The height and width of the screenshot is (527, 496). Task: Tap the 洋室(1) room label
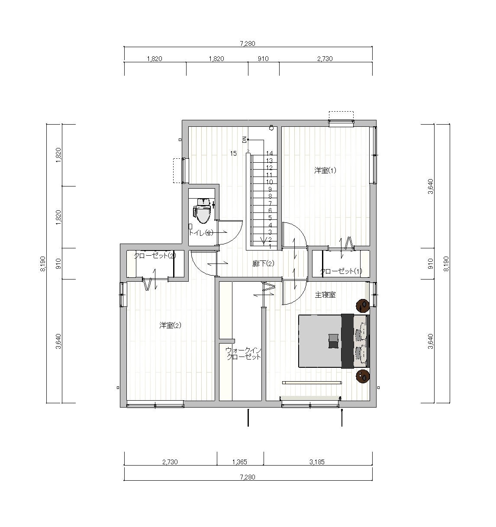point(325,170)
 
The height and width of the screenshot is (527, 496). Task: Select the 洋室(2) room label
point(170,325)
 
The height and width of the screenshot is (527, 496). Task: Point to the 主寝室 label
point(325,295)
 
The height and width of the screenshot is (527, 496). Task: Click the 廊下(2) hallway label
point(263,263)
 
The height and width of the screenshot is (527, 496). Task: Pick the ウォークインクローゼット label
point(244,354)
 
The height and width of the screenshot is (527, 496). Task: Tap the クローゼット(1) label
point(341,271)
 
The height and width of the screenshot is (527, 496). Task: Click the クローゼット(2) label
point(155,256)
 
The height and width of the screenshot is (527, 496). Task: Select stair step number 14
point(269,153)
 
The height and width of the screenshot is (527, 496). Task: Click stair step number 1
point(270,246)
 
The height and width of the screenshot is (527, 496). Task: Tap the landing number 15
point(233,153)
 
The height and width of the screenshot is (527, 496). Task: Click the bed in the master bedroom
point(334,341)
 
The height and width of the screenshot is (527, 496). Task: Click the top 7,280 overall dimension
point(248,44)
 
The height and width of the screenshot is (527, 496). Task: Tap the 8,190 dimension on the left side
point(43,264)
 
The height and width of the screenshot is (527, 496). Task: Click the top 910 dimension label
point(263,59)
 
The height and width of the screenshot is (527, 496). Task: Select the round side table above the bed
point(363,305)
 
